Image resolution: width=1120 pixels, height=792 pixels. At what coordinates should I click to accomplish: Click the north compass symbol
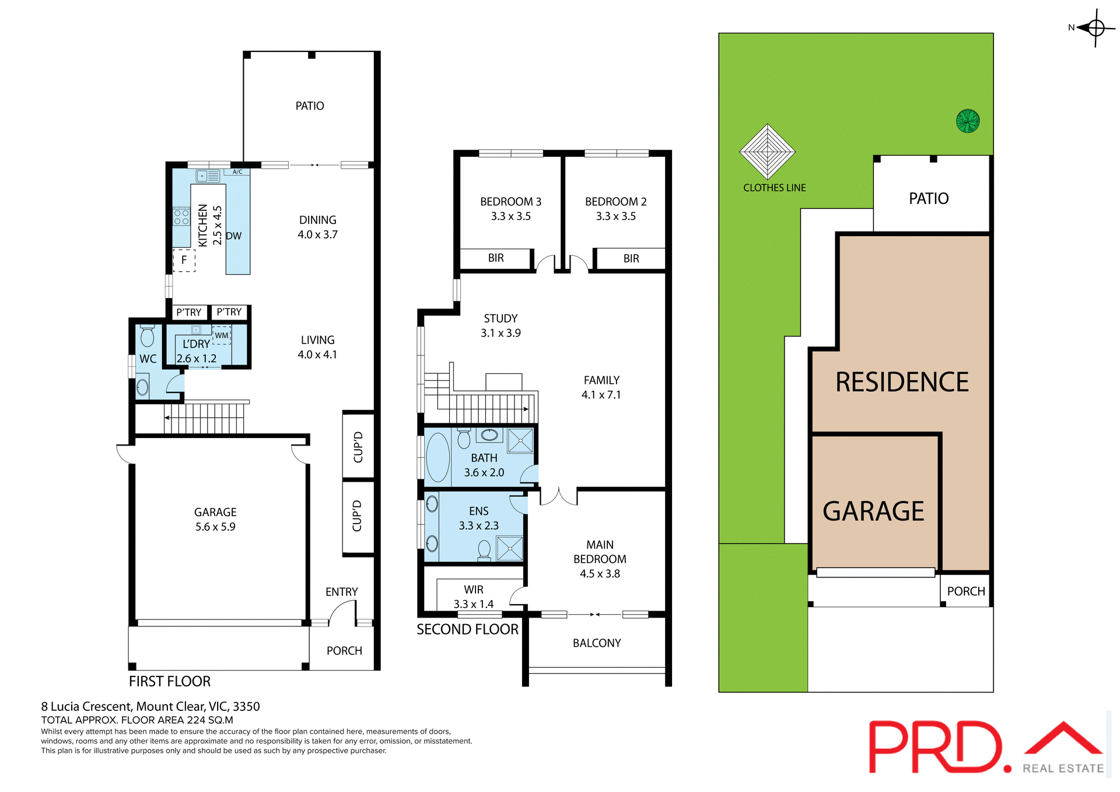click(x=1095, y=27)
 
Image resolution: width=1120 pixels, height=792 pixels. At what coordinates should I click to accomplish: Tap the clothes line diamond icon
click(x=767, y=152)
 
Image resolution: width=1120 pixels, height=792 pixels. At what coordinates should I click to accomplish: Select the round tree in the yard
click(x=967, y=121)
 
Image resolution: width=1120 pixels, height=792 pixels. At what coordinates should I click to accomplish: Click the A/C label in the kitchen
click(x=237, y=172)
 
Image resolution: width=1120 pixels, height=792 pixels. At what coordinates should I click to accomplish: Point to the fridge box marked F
click(x=184, y=260)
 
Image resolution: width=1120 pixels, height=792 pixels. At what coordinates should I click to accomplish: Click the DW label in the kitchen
click(x=233, y=236)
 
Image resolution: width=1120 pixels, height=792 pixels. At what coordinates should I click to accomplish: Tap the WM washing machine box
click(x=222, y=335)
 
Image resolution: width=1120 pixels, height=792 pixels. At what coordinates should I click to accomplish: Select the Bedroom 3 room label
click(x=510, y=208)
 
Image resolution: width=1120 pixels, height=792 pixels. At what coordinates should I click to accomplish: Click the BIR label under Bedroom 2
click(x=631, y=258)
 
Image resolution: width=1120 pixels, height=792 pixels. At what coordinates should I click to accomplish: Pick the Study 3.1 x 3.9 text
click(x=501, y=325)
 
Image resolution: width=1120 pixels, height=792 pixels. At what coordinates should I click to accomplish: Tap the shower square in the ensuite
click(x=510, y=548)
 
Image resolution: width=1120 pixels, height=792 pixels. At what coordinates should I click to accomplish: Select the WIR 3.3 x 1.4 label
click(x=473, y=597)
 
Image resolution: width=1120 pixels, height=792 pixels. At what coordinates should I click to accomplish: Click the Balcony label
click(x=596, y=643)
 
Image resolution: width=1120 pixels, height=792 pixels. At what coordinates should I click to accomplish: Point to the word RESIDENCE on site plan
click(x=901, y=382)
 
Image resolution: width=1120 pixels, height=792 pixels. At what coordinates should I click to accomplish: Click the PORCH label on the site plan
click(x=965, y=591)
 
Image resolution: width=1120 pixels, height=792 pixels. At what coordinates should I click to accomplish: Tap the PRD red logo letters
click(x=933, y=748)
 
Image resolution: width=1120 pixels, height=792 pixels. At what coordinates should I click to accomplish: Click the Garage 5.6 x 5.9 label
click(x=215, y=519)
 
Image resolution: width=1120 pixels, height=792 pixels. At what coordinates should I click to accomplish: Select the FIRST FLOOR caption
click(x=170, y=681)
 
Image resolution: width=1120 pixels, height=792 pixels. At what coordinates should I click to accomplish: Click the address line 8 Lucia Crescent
click(x=150, y=706)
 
